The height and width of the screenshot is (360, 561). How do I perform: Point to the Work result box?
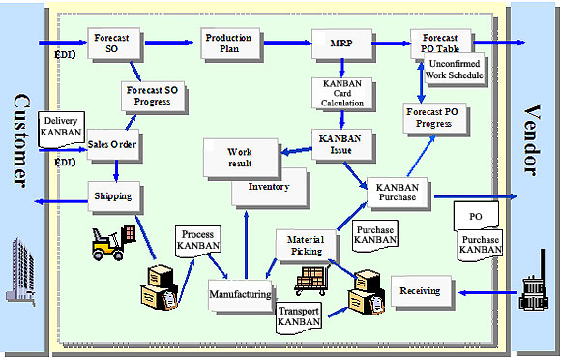[x=239, y=157]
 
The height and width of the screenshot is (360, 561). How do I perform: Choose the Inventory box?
[x=268, y=186]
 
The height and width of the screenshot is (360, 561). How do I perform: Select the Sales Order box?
[x=112, y=145]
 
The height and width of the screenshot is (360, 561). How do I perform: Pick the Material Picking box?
[x=306, y=245]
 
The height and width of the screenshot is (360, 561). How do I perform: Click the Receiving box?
[x=420, y=289]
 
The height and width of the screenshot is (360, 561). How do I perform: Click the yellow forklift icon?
[x=113, y=241]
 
